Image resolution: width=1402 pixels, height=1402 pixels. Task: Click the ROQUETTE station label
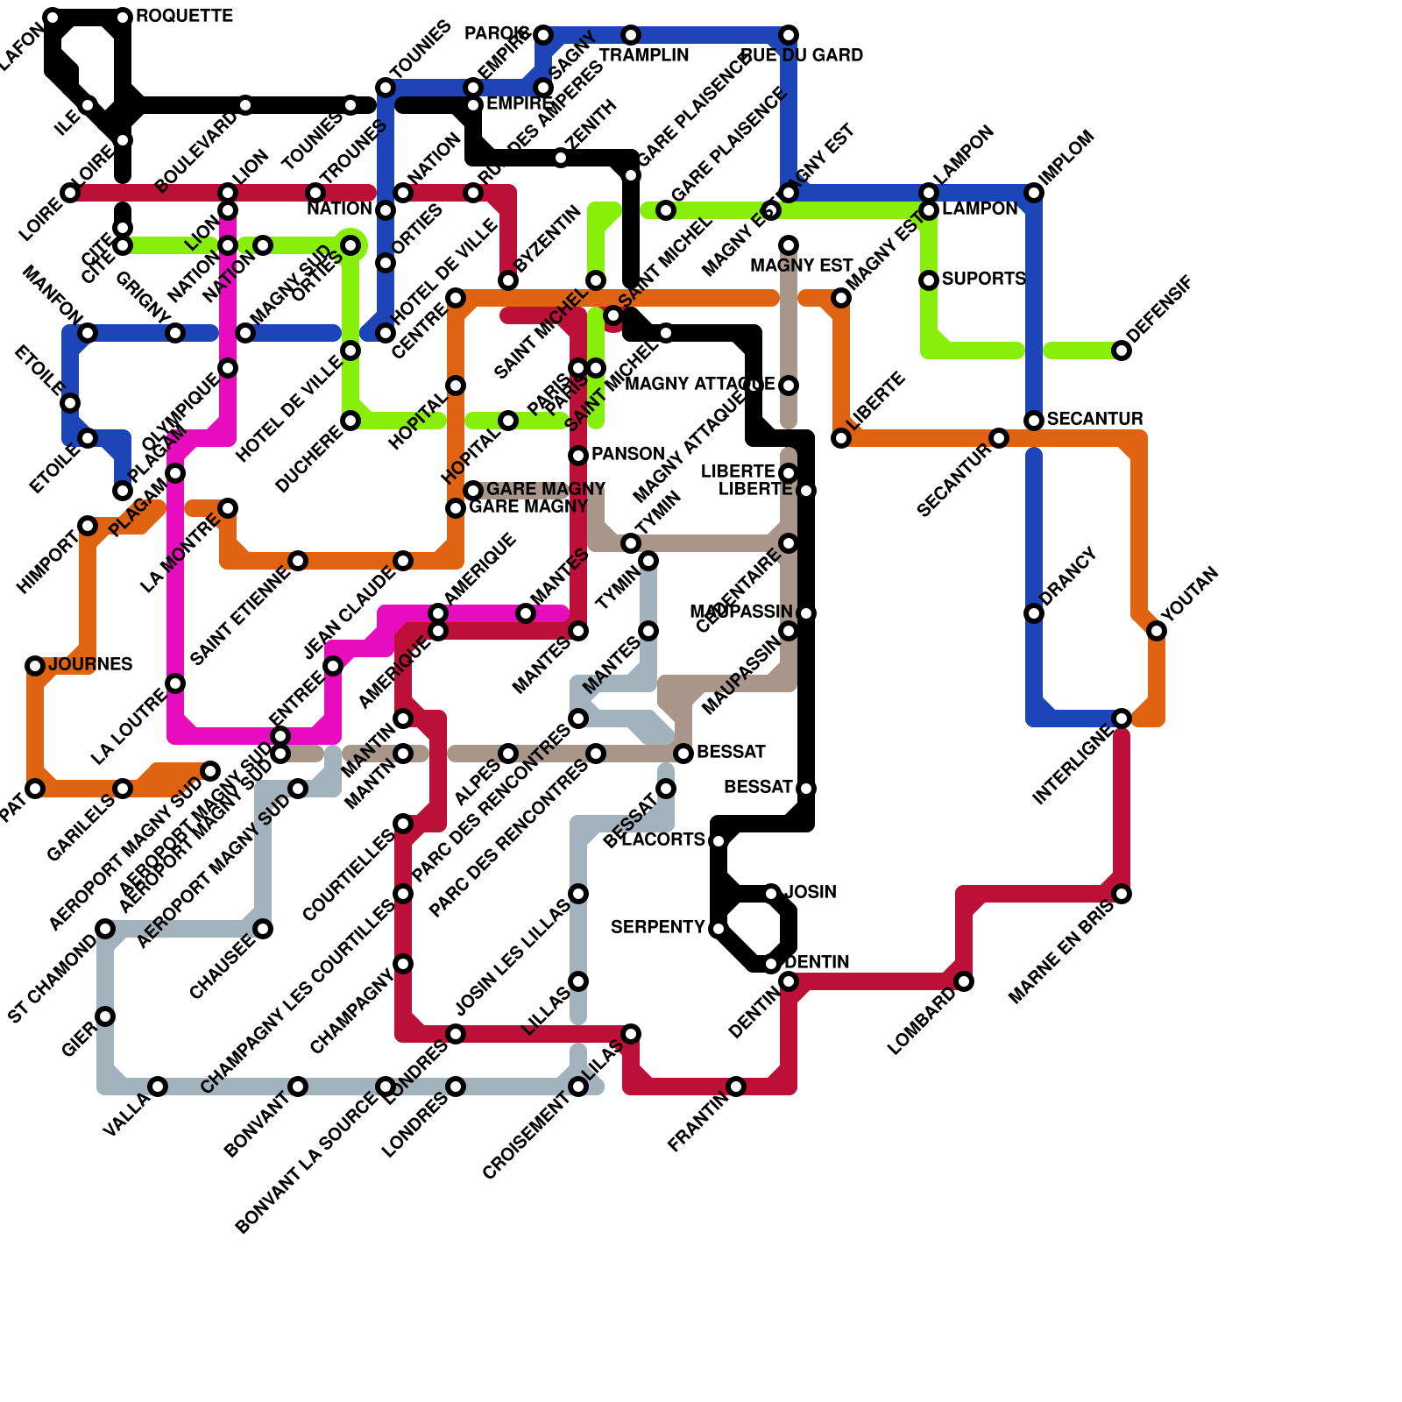point(184,17)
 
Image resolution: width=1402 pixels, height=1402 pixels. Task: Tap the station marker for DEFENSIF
point(1122,350)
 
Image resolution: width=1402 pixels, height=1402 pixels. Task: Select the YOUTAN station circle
point(1157,631)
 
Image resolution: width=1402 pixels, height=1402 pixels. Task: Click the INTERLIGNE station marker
point(1122,719)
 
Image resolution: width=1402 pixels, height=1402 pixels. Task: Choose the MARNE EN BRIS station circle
point(1122,894)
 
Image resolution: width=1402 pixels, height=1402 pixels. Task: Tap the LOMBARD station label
point(922,1022)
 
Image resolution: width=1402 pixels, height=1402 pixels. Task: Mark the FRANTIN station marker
point(736,1087)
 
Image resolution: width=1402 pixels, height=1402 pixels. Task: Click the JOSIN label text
point(811,892)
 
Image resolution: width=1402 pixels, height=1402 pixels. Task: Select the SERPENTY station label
point(657,927)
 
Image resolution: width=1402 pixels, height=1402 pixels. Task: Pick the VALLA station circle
point(158,1087)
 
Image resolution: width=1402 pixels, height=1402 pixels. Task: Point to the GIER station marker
point(105,1016)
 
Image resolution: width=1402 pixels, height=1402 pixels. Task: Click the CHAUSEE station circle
point(263,929)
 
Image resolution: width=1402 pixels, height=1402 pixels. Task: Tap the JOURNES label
point(90,664)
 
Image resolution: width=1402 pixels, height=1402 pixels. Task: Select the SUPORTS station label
point(983,279)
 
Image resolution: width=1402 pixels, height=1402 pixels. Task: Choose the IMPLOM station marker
point(1034,193)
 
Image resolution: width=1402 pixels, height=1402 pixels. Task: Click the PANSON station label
point(627,454)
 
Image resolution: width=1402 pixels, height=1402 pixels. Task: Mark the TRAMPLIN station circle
point(631,35)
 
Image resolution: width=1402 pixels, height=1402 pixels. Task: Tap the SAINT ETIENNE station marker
point(298,561)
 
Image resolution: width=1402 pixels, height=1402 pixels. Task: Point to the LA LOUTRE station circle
point(175,683)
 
